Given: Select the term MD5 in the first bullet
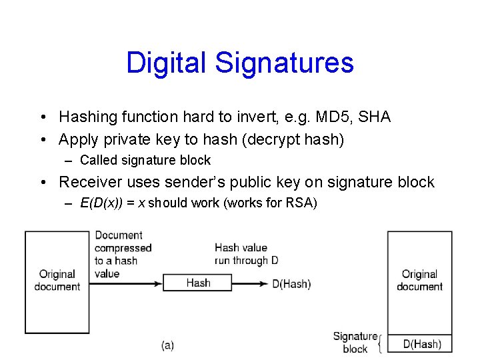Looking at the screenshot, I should coord(329,117).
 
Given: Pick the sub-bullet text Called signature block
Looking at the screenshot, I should coord(145,160).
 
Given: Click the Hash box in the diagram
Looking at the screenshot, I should coord(198,283).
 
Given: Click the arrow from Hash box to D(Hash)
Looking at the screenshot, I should coord(251,283).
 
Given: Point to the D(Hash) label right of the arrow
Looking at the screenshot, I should coord(291,284).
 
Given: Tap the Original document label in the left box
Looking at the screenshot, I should coord(57,280).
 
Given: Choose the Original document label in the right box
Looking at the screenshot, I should coord(419,280).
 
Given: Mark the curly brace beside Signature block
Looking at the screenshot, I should coord(381,344).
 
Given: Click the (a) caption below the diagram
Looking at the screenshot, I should coord(167,345).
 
